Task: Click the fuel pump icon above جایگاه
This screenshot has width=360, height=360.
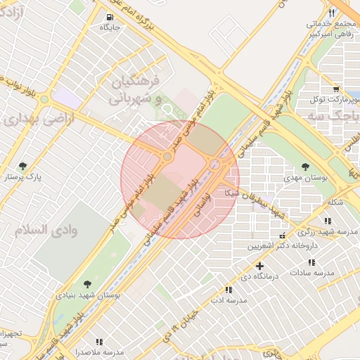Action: click(109, 18)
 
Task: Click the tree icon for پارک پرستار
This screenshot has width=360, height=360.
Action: click(23, 167)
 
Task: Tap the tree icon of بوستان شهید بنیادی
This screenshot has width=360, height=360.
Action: click(86, 284)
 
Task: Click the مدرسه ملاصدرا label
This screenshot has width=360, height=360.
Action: click(103, 351)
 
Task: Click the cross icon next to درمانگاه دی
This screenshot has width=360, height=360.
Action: click(260, 266)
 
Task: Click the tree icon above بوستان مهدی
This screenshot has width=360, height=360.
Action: click(304, 167)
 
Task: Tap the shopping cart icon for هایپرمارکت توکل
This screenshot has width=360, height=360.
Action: click(336, 89)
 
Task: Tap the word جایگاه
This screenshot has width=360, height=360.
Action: click(110, 27)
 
